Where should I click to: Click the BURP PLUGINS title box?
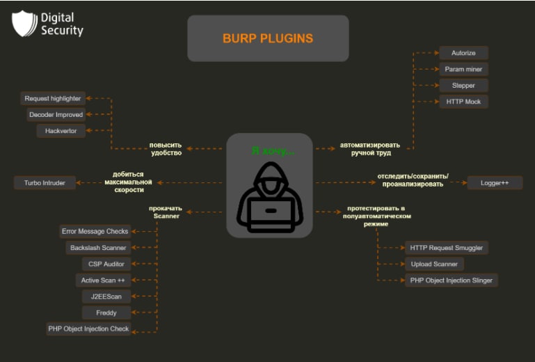coord(268,38)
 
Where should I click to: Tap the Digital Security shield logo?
coord(24,23)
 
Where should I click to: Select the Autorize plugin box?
coord(463,53)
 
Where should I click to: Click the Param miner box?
coord(463,69)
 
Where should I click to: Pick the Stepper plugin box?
coord(463,85)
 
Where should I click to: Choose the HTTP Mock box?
coord(463,102)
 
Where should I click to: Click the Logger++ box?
coord(494,183)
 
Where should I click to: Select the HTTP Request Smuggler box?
coord(447,248)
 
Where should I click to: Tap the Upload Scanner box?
coord(434,264)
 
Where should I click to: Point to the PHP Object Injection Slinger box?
coord(452,281)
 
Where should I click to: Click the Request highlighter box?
coord(53,99)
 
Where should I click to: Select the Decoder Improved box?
coord(56,115)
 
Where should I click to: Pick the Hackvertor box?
coord(61,131)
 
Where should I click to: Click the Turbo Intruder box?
coord(45,183)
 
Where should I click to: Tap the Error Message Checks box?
coord(95,231)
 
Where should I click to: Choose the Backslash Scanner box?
coord(98,248)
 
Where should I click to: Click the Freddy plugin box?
coord(106,313)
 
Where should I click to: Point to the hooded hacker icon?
coord(270,198)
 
